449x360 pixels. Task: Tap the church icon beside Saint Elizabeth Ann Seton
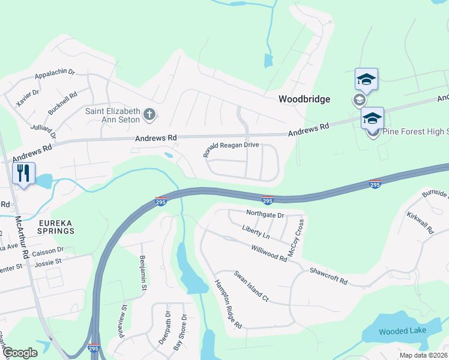pos(150,113)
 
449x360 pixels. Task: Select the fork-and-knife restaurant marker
pos(23,174)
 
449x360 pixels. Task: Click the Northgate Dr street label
pos(265,214)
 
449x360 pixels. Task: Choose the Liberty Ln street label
pos(256,231)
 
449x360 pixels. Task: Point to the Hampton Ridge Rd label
pos(228,305)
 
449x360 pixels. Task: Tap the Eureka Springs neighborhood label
pos(56,226)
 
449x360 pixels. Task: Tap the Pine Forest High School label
pos(414,131)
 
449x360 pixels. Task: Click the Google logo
pos(20,353)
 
